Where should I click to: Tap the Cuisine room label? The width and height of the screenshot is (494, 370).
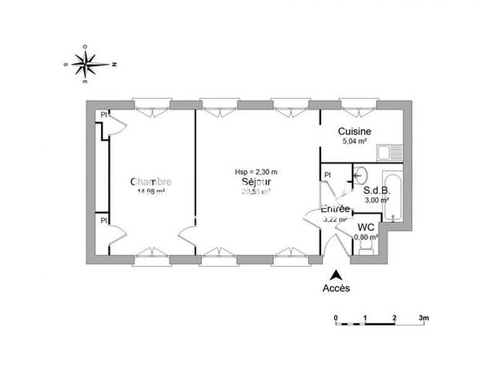tap(354, 131)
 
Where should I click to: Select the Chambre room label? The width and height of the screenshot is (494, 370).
tap(151, 182)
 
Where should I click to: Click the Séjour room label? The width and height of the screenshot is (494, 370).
tap(256, 183)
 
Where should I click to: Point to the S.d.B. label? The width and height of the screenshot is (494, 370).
tap(376, 191)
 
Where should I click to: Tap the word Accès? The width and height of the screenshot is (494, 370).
tap(336, 288)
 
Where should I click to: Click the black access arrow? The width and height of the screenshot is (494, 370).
tap(336, 275)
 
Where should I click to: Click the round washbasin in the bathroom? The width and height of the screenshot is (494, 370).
tap(361, 175)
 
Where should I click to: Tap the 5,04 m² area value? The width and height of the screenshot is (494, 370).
tap(354, 141)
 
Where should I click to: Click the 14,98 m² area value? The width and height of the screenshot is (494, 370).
tap(151, 191)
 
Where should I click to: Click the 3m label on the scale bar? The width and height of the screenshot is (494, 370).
tap(424, 318)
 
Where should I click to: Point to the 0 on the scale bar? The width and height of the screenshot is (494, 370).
tap(336, 318)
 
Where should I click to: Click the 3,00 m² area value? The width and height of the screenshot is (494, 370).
tap(376, 200)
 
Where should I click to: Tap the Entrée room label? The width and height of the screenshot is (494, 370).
tap(335, 208)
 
